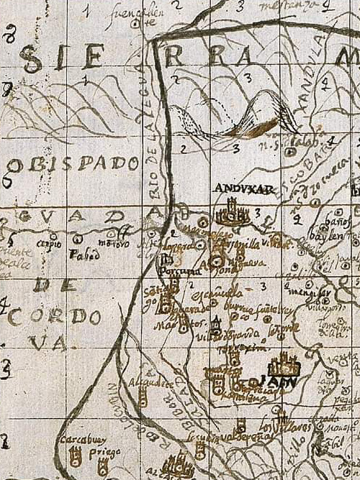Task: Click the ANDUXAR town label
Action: [235, 188]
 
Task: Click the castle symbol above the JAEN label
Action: [286, 364]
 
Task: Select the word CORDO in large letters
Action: [55, 316]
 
